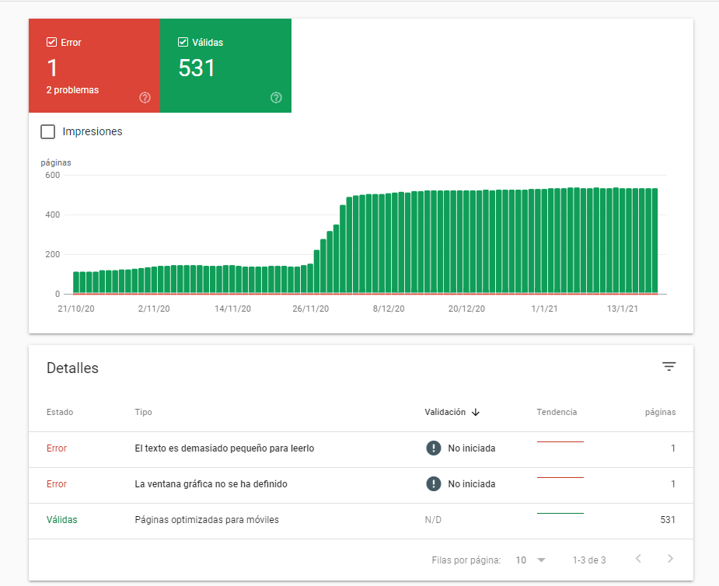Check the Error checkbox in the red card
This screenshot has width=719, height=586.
[x=52, y=43]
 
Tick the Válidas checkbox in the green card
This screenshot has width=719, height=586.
[x=183, y=43]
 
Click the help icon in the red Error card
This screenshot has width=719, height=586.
[x=145, y=98]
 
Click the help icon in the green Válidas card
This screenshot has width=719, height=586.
[x=276, y=98]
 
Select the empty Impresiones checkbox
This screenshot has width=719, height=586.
[x=48, y=131]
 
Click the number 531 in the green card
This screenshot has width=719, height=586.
[x=197, y=68]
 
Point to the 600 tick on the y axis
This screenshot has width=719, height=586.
[x=52, y=175]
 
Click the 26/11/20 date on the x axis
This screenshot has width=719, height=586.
[x=310, y=309]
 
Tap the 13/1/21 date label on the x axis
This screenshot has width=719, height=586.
[x=622, y=309]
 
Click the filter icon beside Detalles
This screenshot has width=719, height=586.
[x=669, y=367]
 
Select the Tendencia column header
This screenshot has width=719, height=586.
[x=557, y=412]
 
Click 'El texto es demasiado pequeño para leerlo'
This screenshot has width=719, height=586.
[x=224, y=448]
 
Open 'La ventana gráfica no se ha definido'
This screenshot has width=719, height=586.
[x=211, y=484]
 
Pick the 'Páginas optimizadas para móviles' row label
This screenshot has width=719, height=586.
[x=206, y=520]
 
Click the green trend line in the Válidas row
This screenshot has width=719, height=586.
[x=560, y=513]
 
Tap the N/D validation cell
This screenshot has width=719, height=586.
[x=433, y=520]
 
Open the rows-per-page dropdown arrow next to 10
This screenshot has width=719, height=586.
[x=542, y=560]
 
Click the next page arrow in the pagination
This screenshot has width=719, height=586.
[x=670, y=559]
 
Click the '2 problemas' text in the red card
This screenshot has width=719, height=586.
[x=72, y=90]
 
